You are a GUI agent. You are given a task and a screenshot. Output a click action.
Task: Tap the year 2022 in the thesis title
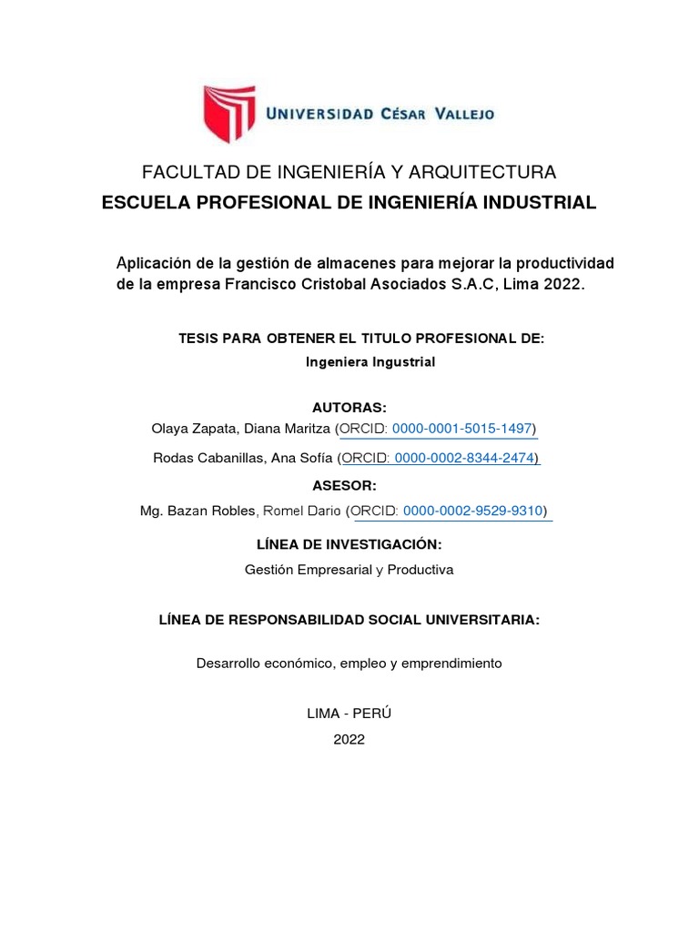(x=562, y=285)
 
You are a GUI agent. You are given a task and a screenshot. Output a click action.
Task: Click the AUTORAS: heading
(x=349, y=406)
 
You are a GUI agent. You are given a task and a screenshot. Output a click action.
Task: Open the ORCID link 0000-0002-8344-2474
(x=471, y=458)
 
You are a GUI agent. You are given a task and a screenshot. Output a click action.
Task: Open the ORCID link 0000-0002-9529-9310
(x=475, y=512)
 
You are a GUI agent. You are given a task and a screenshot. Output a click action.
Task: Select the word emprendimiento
(x=451, y=664)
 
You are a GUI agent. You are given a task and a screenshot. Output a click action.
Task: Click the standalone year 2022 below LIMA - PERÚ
(x=349, y=739)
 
